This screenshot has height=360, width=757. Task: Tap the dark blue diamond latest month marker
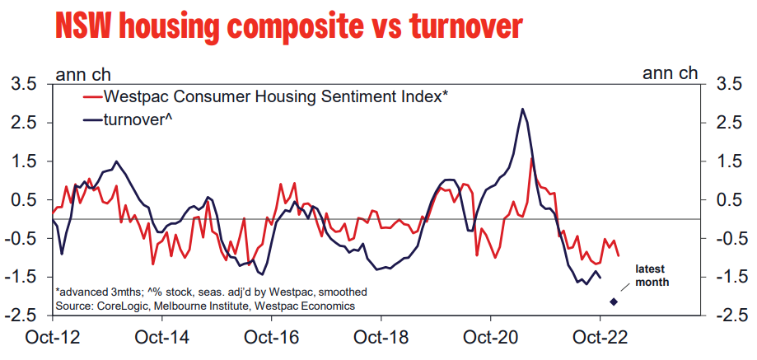coord(613,301)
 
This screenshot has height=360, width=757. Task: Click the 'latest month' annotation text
coord(651,275)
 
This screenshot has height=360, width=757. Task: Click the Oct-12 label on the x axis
coord(52,338)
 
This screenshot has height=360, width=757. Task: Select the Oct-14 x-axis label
coord(162,338)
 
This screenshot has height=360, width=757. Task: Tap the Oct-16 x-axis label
coord(272,338)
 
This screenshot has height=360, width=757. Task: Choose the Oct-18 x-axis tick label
coord(381,338)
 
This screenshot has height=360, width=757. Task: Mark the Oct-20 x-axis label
coord(491,338)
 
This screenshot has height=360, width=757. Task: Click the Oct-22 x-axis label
coord(600,338)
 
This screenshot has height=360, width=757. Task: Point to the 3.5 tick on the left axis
coord(23,84)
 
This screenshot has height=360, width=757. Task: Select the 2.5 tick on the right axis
coord(731,123)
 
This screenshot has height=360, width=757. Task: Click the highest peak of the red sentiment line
coord(532,157)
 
